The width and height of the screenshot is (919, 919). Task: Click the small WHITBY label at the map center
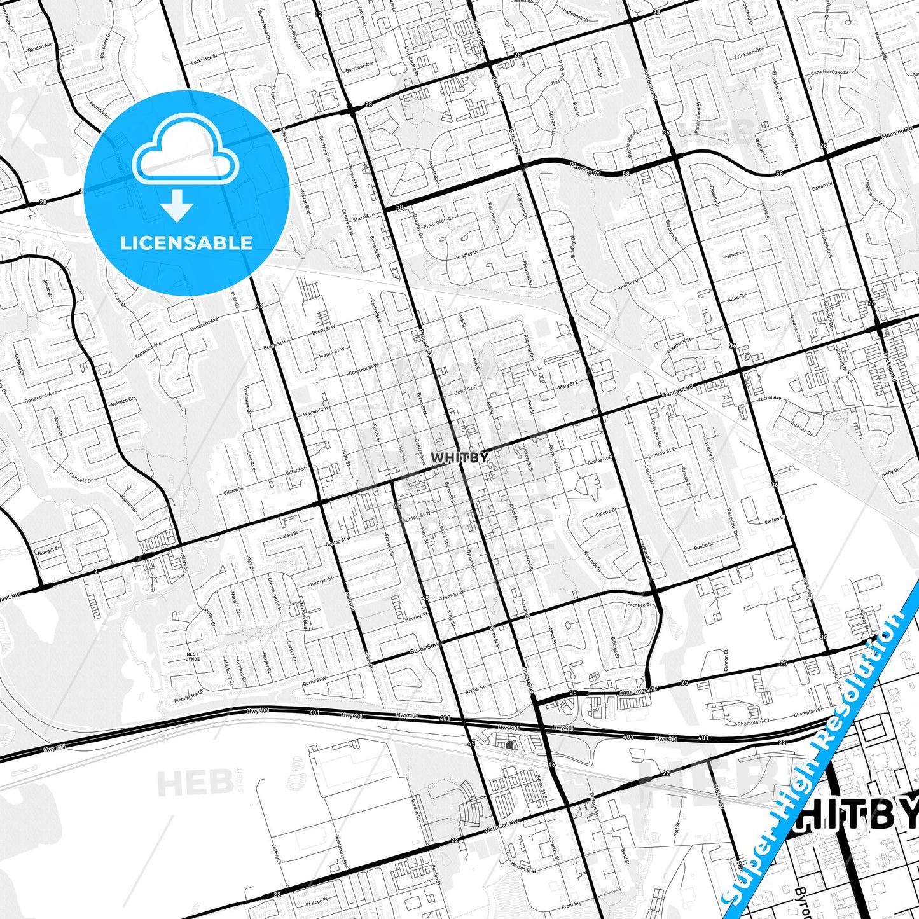[460, 457]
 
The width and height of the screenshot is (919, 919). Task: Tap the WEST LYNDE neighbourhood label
[192, 656]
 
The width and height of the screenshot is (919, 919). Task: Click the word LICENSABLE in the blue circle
[186, 242]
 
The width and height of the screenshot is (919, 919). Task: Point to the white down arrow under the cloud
[177, 205]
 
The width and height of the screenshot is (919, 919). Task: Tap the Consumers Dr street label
[638, 690]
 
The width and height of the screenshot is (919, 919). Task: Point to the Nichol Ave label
[770, 397]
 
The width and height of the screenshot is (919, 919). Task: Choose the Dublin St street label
[703, 545]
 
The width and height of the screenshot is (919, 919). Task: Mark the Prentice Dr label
[639, 605]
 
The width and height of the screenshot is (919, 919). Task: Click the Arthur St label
[475, 689]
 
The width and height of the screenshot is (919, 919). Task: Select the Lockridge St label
[204, 60]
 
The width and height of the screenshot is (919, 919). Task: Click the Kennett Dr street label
[81, 478]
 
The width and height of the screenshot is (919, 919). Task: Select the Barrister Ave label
[359, 66]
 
